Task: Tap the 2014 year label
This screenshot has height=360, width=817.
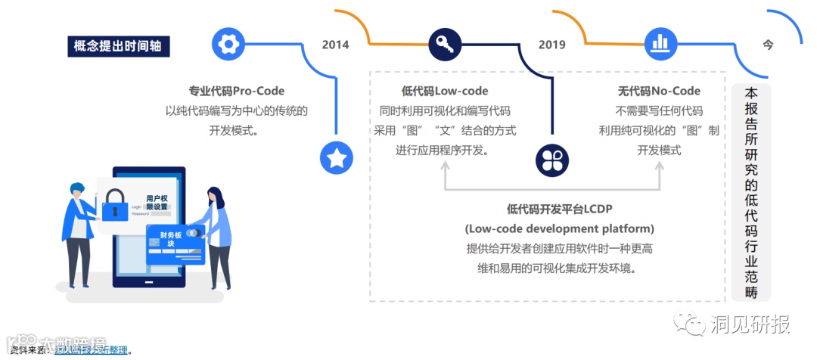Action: tap(335, 45)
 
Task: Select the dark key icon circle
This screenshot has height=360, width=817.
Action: tap(444, 44)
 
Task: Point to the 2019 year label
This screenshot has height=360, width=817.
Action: tap(552, 45)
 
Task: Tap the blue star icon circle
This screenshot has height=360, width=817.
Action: tap(337, 157)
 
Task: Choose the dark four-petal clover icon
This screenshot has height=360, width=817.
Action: tap(551, 159)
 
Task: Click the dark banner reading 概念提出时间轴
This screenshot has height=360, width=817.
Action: tap(117, 47)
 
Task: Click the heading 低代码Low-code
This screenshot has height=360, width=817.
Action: tap(445, 91)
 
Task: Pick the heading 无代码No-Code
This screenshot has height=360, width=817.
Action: tap(659, 91)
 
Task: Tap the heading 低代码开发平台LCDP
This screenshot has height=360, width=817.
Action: tap(558, 209)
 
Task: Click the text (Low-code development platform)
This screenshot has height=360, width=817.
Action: tap(559, 228)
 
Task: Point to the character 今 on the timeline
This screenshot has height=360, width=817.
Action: tap(768, 45)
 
